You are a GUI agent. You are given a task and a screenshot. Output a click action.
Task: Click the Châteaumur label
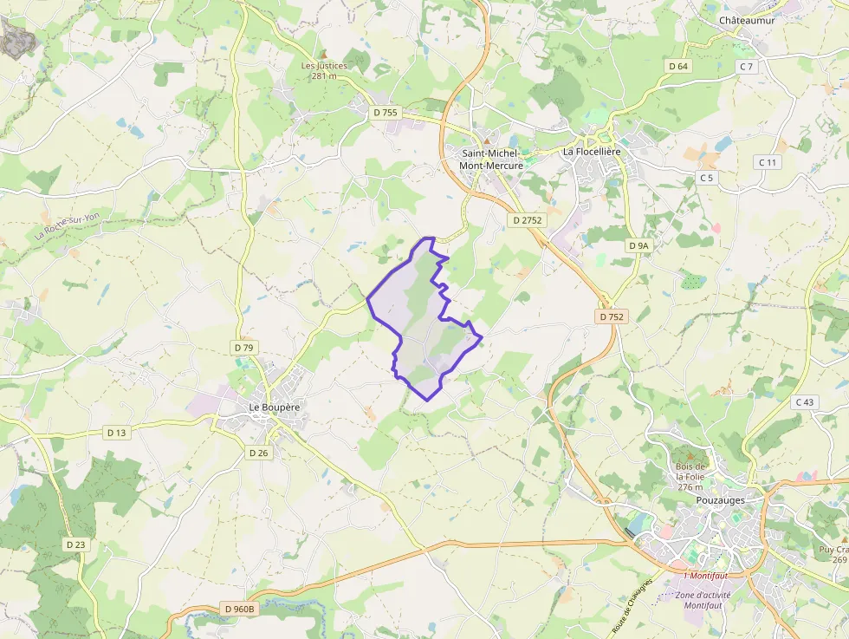point(746,20)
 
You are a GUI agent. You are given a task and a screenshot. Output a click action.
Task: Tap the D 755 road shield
point(386,112)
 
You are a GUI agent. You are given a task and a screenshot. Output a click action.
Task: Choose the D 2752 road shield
point(527,220)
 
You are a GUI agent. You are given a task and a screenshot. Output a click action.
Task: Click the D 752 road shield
point(611,317)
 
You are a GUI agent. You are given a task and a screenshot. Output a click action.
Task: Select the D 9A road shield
point(638,246)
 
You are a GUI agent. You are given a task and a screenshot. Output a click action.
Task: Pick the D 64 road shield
point(678,67)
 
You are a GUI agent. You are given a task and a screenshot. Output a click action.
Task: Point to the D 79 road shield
point(244,348)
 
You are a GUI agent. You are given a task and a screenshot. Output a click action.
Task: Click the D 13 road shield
point(116,433)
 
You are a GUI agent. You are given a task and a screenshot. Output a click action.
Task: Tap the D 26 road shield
point(258,453)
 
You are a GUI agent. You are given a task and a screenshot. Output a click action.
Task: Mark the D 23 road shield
point(75,544)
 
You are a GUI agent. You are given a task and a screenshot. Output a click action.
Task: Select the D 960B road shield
point(240,610)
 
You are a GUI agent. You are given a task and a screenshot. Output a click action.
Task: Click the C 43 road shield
point(804,402)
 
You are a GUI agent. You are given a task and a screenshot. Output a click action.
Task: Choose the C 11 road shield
point(767,162)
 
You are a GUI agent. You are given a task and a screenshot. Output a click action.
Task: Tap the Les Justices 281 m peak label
point(324,70)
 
